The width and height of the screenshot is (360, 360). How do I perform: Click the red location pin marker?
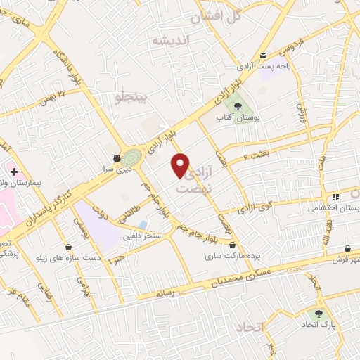pos(181,165)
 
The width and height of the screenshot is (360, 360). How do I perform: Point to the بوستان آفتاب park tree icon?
pos(239,105)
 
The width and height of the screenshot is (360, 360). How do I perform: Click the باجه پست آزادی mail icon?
pos(263,56)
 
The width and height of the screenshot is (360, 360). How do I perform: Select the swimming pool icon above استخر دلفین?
pos(143,225)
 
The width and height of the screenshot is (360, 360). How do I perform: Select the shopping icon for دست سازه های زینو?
pos(68,247)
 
